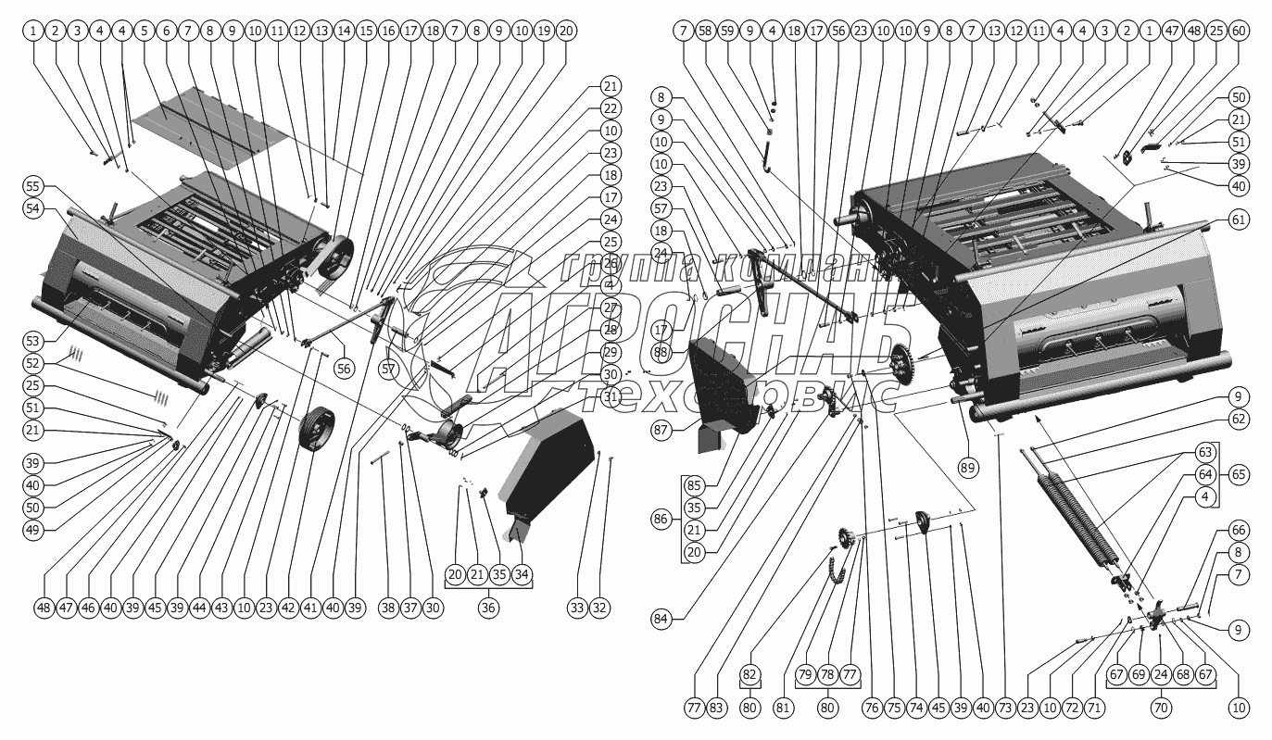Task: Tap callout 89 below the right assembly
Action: pos(968,468)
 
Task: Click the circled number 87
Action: pos(686,432)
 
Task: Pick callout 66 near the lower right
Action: pos(1238,530)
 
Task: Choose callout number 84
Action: pos(686,619)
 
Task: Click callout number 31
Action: pos(610,397)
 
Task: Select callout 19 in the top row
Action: pos(544,31)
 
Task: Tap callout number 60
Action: pos(1240,31)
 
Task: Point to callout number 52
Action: pos(34,362)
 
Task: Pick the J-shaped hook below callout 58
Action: pos(766,157)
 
